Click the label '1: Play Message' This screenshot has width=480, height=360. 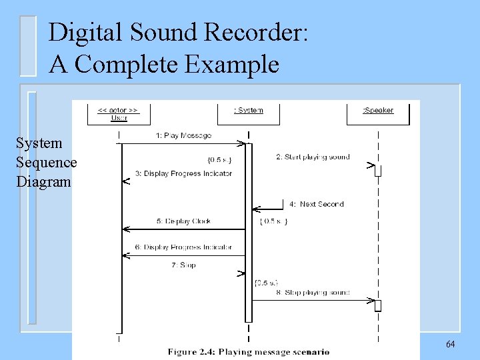point(183,135)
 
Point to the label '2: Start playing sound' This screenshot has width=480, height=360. point(313,157)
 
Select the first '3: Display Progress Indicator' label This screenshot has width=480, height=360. point(183,173)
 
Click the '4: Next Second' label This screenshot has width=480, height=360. point(317,204)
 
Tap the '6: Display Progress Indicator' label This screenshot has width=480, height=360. point(183,247)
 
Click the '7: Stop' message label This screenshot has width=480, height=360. point(183,265)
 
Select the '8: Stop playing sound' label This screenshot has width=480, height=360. point(313,292)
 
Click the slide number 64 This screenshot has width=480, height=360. point(450,344)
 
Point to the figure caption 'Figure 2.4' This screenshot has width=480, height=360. point(248,352)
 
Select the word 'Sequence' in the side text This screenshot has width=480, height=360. point(47,163)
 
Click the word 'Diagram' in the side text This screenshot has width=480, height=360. point(43,181)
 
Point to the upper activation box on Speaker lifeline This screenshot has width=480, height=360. point(377,171)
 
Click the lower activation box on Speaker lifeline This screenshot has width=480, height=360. point(377,305)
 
